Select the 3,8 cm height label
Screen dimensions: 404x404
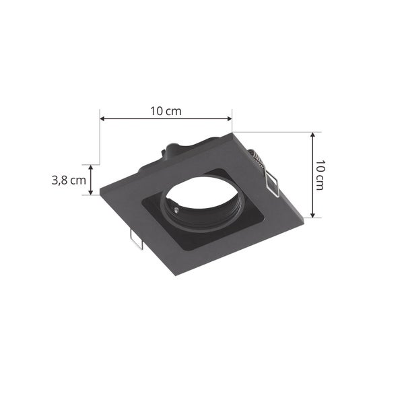click(x=69, y=180)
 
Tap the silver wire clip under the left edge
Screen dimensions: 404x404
click(x=135, y=240)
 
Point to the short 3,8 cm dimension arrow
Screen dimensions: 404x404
click(x=93, y=180)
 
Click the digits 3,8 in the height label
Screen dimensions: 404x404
click(x=61, y=180)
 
